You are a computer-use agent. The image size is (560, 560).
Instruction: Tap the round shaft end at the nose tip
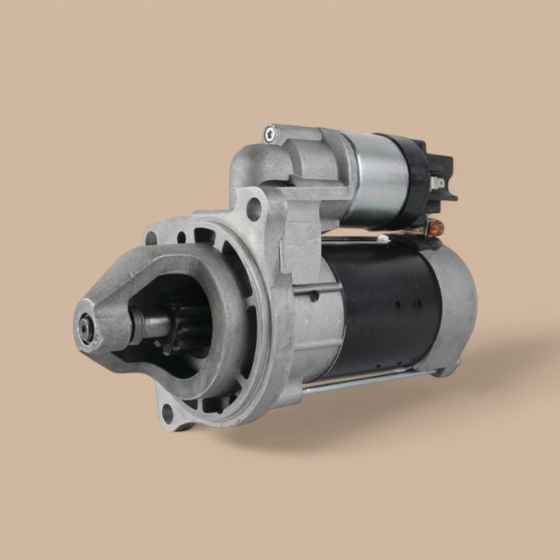tap(85, 328)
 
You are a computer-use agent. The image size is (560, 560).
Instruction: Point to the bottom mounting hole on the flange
tap(167, 414)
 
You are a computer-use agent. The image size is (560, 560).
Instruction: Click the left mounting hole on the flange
tap(150, 238)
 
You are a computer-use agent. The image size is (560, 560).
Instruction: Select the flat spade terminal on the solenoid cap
tap(436, 183)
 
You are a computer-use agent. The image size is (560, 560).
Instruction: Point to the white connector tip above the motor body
tap(385, 238)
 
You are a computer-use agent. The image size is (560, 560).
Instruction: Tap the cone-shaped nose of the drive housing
tap(104, 320)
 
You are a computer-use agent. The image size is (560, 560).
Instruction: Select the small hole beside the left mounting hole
tap(182, 237)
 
